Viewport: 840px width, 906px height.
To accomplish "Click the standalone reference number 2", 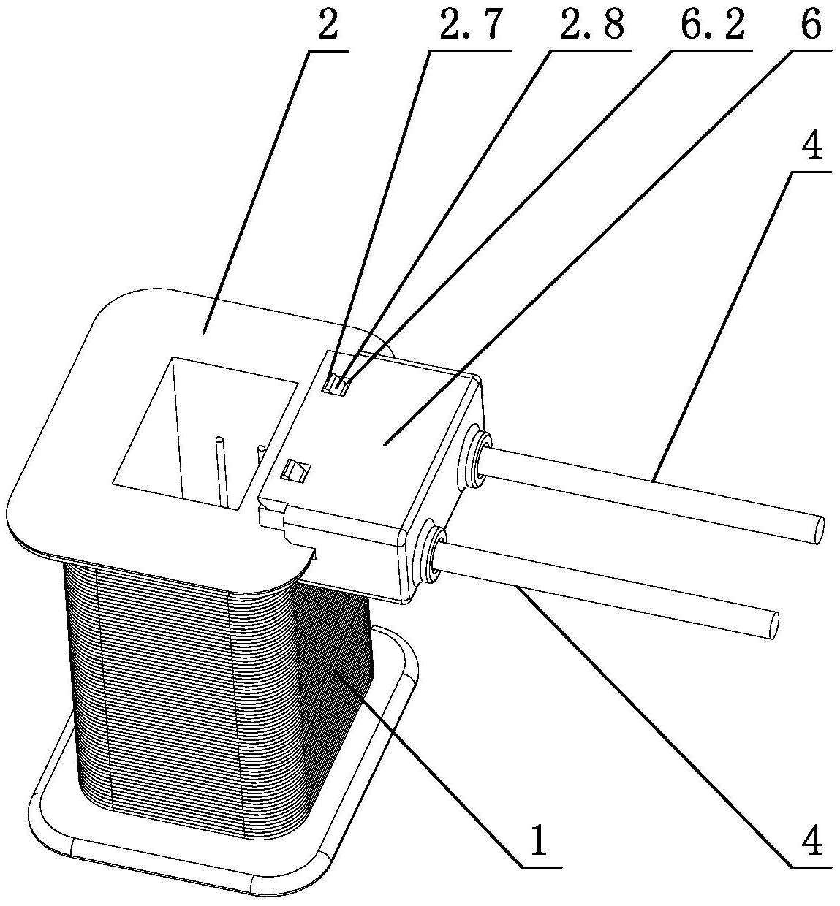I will click(x=328, y=27).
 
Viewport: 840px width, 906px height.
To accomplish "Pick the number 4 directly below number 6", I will click(x=811, y=148).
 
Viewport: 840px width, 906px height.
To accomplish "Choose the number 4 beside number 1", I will click(x=811, y=842).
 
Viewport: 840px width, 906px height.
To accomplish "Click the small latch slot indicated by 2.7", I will click(x=337, y=383).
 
